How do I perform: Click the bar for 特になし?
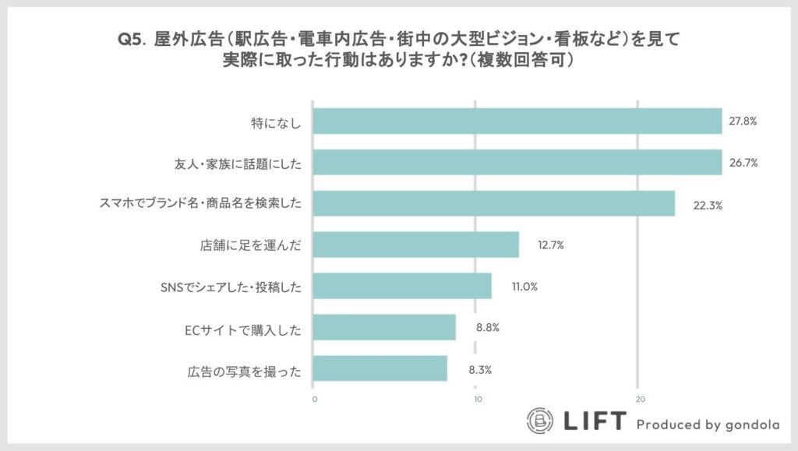[517, 122]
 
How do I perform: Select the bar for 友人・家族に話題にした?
[517, 163]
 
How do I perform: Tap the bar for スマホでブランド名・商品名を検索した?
[493, 204]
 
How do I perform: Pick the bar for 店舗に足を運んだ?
[415, 245]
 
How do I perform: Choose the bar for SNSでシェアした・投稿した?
[402, 286]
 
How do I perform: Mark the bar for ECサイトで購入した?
[384, 327]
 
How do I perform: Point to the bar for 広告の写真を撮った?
[380, 368]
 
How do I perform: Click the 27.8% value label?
[744, 122]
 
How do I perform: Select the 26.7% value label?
[744, 163]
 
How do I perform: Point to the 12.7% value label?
[550, 245]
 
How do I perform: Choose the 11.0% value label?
[524, 287]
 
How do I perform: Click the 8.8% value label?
[488, 328]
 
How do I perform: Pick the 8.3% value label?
[479, 370]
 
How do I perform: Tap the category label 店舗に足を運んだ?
[250, 245]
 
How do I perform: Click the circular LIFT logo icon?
[540, 421]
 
